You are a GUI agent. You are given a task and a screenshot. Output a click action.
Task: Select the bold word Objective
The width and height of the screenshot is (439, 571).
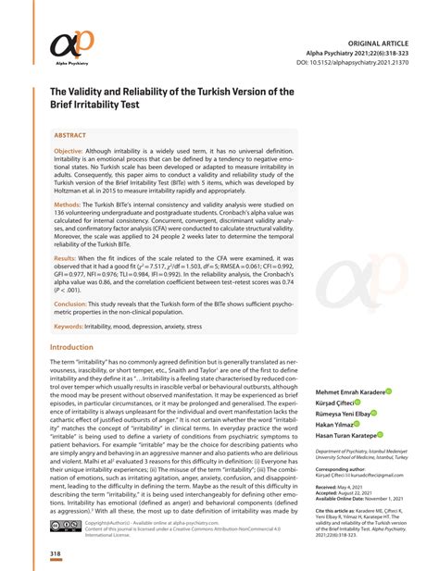[x=69, y=150]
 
